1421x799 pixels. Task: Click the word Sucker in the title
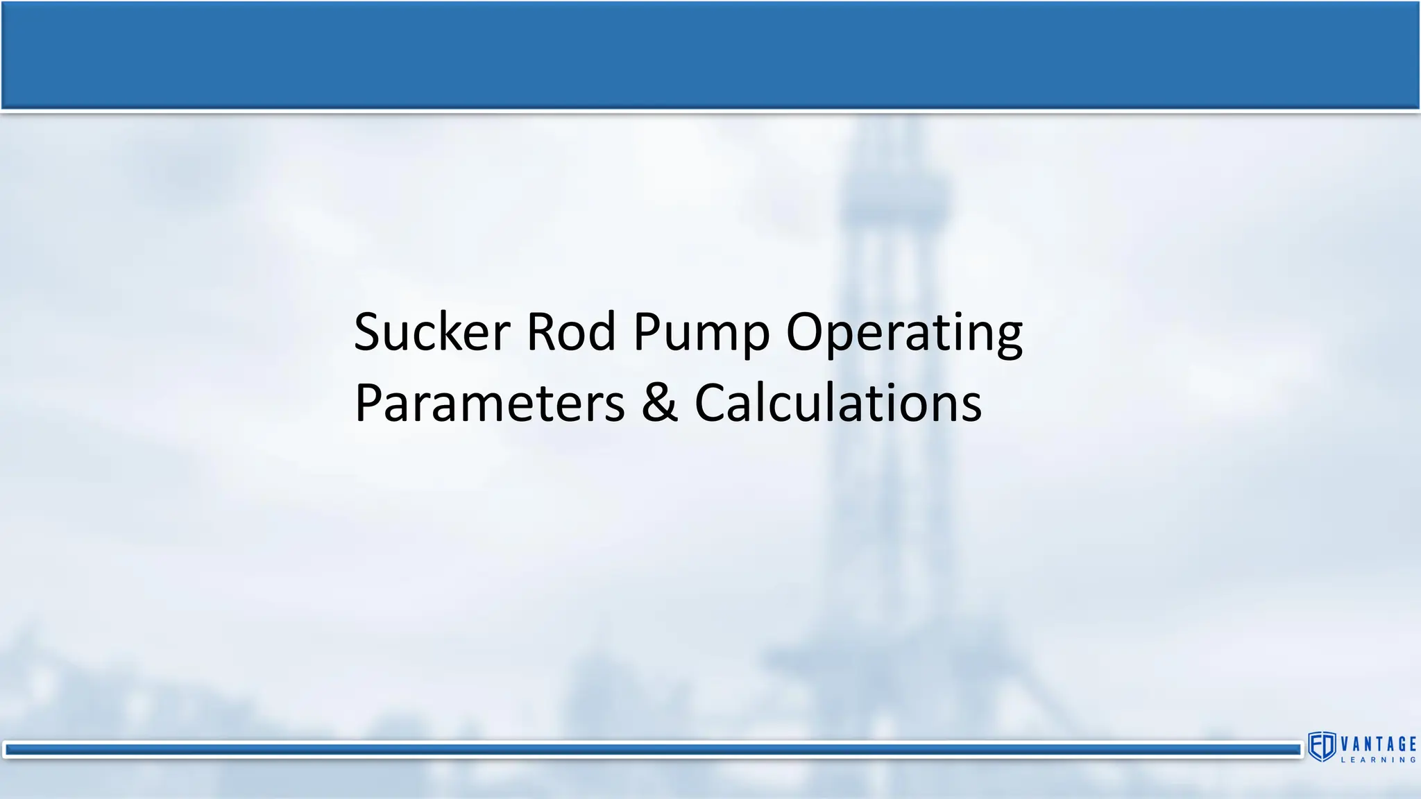(432, 332)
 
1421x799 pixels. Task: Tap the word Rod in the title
(571, 332)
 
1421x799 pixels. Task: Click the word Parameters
(489, 404)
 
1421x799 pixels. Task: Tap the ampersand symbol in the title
(659, 404)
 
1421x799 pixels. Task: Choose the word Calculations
(837, 404)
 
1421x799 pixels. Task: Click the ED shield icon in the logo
(1322, 746)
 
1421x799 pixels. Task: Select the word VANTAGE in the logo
(1378, 744)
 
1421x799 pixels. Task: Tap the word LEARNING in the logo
(1378, 760)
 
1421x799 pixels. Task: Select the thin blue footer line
(652, 750)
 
